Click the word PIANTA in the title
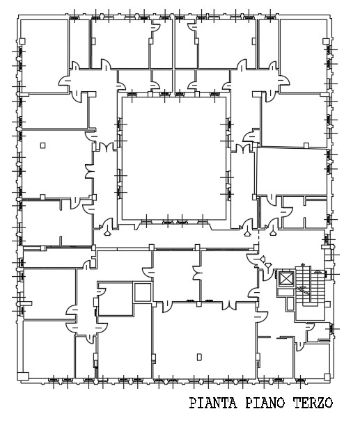(x=214, y=403)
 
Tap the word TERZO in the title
(x=310, y=403)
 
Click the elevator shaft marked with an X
(x=285, y=279)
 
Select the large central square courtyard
(x=173, y=157)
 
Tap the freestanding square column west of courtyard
(x=43, y=145)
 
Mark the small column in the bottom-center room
(x=198, y=358)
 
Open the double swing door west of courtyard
(x=105, y=147)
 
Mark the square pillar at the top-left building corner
(x=22, y=42)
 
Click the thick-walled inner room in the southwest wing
(x=115, y=300)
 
